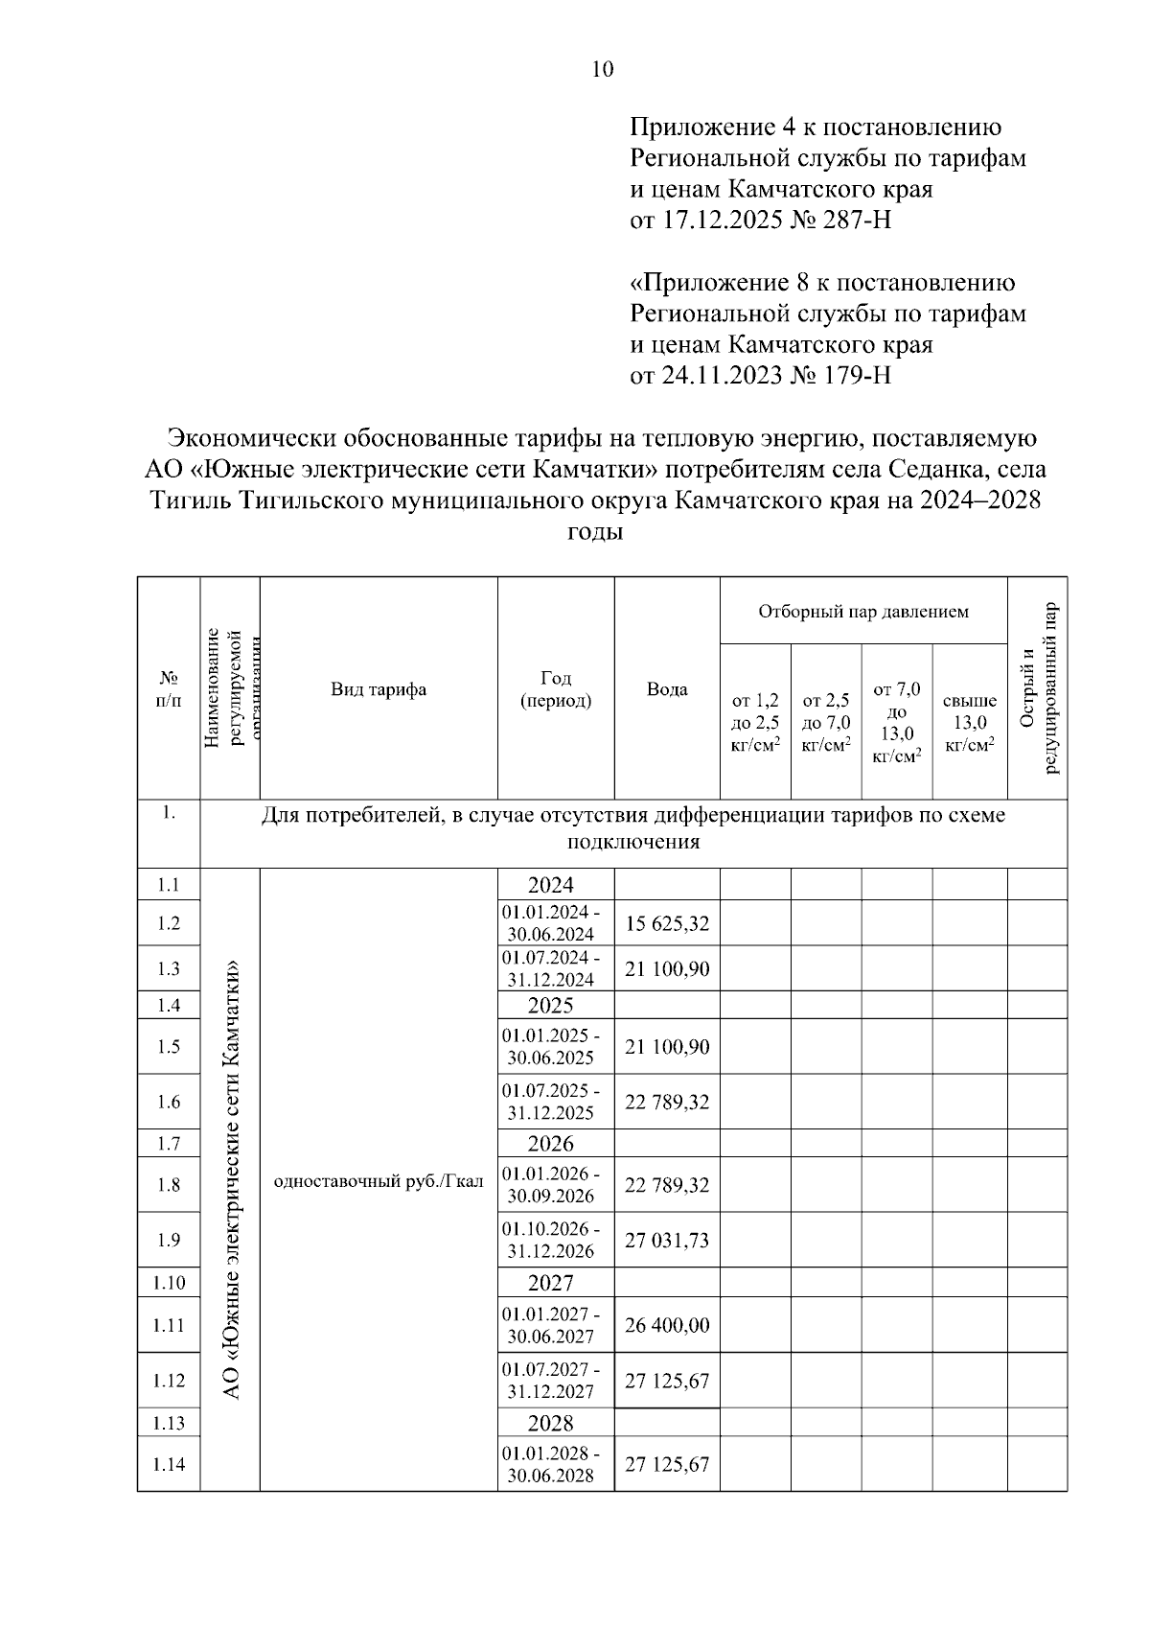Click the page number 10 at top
tap(603, 69)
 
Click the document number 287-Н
tap(857, 221)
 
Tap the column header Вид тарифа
tap(379, 689)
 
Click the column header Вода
tap(666, 689)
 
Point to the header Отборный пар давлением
tap(862, 611)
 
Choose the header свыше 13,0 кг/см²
tap(969, 722)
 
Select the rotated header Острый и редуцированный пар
tap(1038, 688)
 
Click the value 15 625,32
tap(667, 923)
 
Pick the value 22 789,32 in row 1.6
tap(667, 1102)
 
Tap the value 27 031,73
tap(667, 1240)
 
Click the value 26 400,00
tap(667, 1325)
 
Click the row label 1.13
tap(169, 1423)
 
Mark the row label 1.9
tap(169, 1240)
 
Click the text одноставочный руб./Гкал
tap(379, 1181)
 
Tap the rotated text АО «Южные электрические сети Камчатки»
tap(230, 1179)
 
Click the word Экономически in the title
tap(250, 438)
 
